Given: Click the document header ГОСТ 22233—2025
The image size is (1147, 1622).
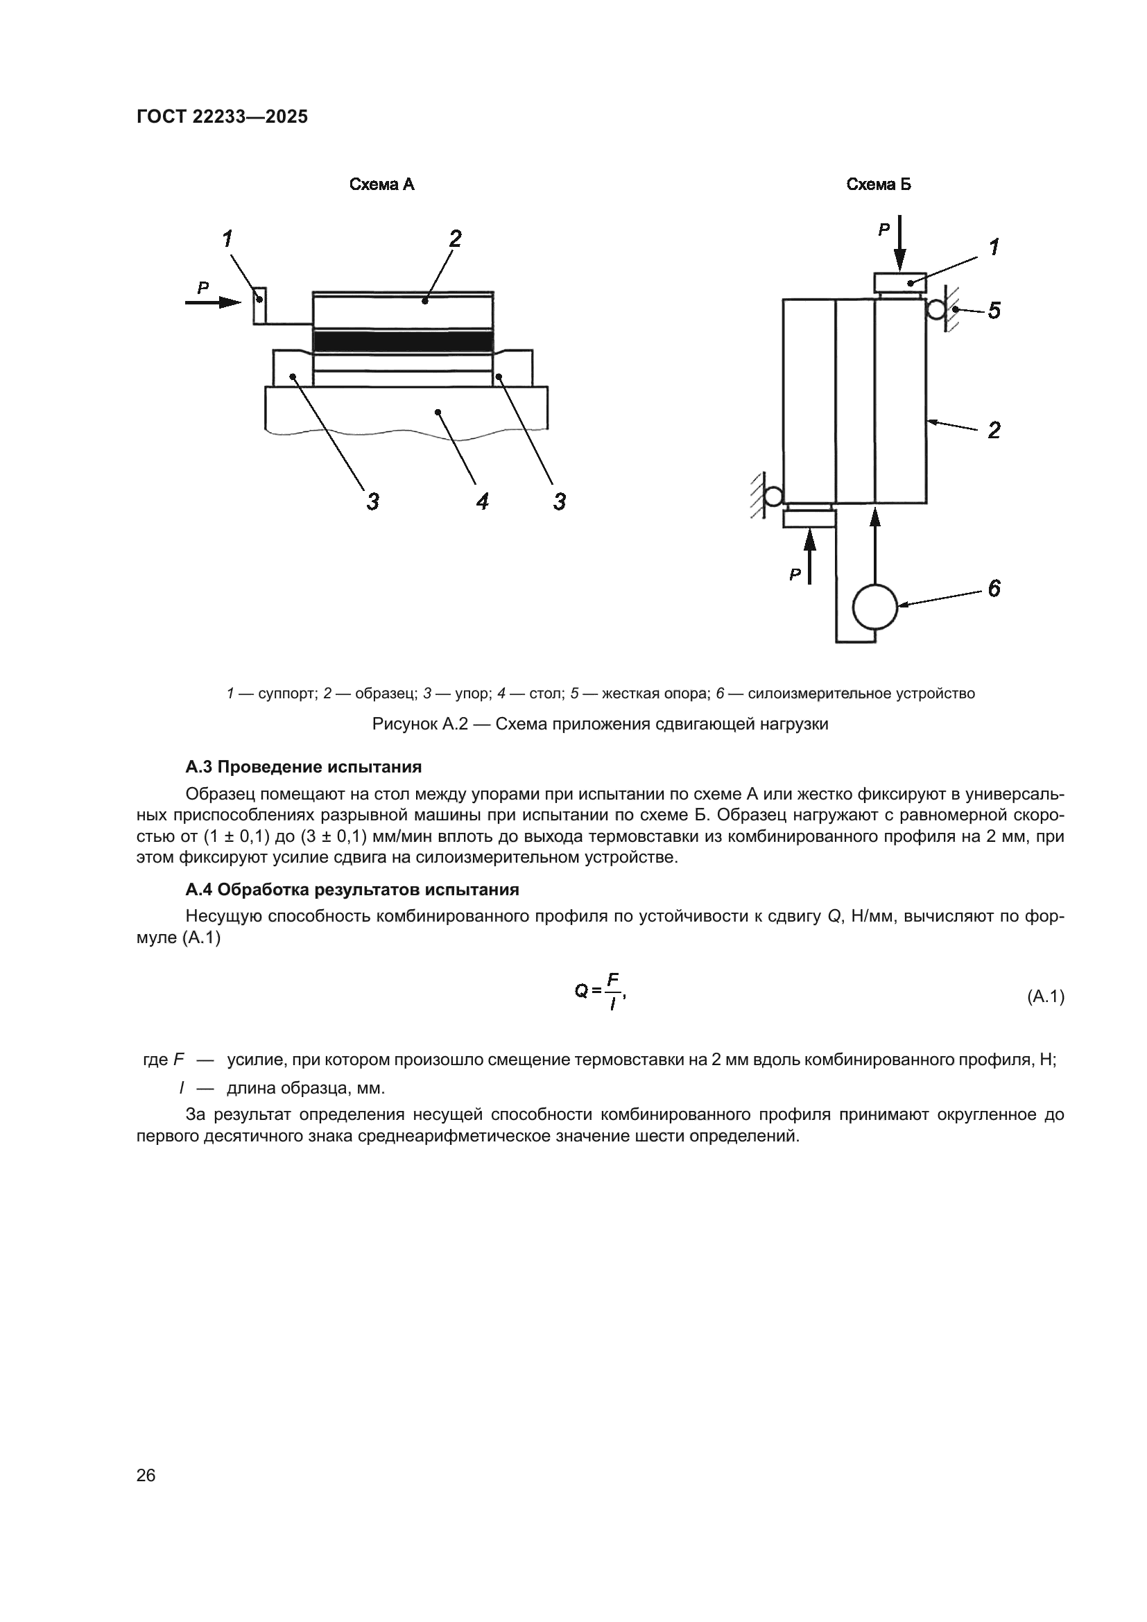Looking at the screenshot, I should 222,117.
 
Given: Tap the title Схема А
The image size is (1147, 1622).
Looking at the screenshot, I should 382,185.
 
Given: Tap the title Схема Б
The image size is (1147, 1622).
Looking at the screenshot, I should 879,185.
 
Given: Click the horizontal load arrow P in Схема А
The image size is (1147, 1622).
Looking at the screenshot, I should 213,302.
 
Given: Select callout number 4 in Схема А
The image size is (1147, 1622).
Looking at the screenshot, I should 483,501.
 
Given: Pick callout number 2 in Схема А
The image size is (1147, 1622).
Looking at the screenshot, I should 455,239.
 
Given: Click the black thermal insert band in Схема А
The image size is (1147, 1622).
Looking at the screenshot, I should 403,341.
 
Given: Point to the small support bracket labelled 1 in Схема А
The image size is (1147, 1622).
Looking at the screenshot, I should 259,305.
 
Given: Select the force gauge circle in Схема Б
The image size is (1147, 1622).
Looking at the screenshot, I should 875,606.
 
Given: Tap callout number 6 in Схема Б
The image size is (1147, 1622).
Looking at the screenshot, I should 994,588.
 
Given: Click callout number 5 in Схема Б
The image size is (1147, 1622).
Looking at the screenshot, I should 994,310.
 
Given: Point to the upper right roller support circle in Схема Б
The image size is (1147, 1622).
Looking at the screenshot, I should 936,309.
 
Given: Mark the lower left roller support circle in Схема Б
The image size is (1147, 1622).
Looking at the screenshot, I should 773,496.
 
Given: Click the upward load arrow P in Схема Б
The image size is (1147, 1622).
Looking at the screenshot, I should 810,558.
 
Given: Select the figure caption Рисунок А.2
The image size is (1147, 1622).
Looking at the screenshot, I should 600,724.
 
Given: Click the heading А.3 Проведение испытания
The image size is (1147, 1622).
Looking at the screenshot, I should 304,767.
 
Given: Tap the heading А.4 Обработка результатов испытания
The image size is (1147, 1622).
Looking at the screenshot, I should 352,890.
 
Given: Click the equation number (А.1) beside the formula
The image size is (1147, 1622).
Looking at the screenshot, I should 1044,997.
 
